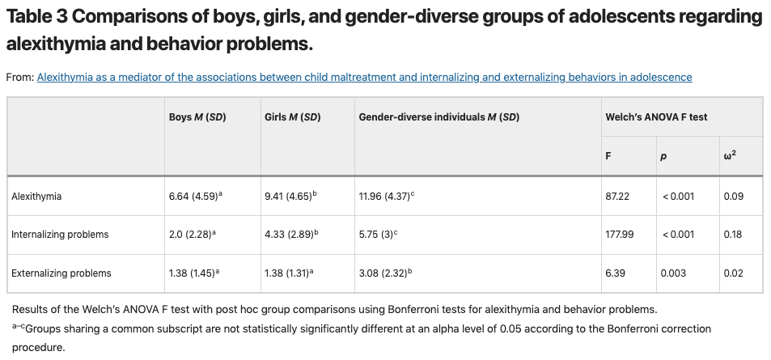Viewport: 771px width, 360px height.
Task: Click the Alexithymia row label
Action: click(x=36, y=196)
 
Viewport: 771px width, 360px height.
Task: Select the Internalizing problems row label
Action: click(x=60, y=235)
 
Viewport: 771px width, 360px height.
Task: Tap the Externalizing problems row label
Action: click(x=61, y=273)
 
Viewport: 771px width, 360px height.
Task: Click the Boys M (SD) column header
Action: click(x=197, y=117)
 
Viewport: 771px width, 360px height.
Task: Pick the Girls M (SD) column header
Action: click(x=292, y=117)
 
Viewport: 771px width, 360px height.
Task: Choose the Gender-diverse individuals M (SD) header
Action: click(x=438, y=117)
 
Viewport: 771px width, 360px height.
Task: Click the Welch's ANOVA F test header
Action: click(x=656, y=117)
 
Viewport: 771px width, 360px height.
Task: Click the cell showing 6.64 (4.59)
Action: click(x=195, y=196)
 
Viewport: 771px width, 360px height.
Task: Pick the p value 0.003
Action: click(x=673, y=273)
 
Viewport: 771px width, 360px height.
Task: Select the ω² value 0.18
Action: click(x=733, y=235)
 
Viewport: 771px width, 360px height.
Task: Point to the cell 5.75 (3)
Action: click(x=377, y=235)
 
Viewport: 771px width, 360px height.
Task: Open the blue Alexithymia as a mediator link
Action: click(x=364, y=78)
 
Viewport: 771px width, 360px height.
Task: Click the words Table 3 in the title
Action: click(x=40, y=16)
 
